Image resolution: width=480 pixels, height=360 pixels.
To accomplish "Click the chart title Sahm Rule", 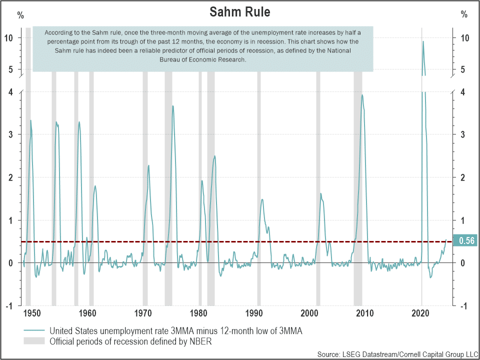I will pyautogui.click(x=239, y=11).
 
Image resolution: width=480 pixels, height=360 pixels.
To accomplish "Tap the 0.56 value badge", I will pyautogui.click(x=465, y=241).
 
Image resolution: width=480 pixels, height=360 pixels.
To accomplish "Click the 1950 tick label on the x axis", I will pyautogui.click(x=31, y=313).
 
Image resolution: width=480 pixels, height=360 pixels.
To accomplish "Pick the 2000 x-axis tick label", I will pyautogui.click(x=309, y=313).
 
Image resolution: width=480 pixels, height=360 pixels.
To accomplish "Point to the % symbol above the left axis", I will pyautogui.click(x=20, y=15).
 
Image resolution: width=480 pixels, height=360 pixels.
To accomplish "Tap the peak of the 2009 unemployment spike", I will pyautogui.click(x=362, y=95).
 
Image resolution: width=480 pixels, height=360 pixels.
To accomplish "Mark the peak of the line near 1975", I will pyautogui.click(x=173, y=106).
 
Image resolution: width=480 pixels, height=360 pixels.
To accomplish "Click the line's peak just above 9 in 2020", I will pyautogui.click(x=423, y=41).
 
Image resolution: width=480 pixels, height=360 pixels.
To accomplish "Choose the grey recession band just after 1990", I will pyautogui.click(x=259, y=175).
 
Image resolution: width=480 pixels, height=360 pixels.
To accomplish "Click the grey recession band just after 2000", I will pyautogui.click(x=318, y=175).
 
